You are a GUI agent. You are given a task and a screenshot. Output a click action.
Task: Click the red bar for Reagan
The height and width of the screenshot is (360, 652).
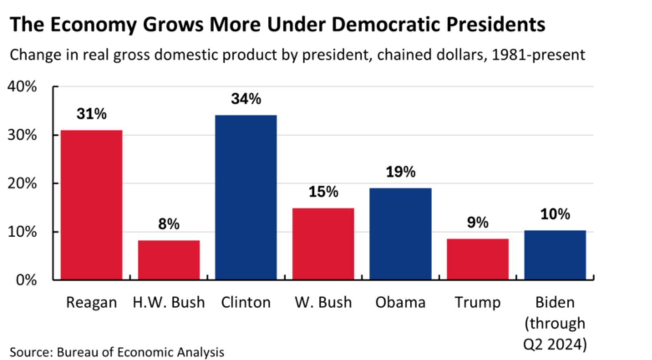pos(91,205)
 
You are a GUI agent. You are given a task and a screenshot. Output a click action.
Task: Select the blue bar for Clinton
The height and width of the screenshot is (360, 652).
pos(246,197)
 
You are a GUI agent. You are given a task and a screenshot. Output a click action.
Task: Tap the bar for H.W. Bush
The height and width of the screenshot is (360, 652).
pos(169,260)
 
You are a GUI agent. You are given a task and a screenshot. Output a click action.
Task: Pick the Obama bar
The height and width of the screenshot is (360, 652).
pos(400,233)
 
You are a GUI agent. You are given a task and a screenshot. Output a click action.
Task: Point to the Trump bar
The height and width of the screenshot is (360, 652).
pos(477,259)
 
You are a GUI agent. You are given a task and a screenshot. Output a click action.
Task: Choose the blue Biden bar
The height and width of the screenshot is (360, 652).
pos(555,255)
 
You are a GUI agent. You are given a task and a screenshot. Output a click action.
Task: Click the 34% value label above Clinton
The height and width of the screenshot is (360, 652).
pos(246,99)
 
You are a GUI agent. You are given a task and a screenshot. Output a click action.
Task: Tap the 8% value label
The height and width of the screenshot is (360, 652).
pos(169,224)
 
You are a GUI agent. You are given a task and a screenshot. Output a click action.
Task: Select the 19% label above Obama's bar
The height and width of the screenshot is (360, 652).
pos(401,172)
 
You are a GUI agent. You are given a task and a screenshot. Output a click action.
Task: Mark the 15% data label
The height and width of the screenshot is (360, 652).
pos(323,192)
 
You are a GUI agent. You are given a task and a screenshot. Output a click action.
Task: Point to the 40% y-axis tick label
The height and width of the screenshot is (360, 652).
pos(22,87)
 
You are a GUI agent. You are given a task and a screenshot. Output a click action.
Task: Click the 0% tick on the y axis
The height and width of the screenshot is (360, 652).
pos(26,280)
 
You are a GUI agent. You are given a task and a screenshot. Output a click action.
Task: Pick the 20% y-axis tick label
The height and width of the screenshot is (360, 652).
pos(22,183)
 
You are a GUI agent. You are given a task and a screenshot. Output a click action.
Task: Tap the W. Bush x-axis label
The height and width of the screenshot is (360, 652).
pos(323,302)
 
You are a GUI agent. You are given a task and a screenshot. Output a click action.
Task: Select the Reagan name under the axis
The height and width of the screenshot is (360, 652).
pos(91,302)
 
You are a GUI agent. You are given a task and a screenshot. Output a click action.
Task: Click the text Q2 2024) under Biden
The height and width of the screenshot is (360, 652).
pos(555,345)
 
